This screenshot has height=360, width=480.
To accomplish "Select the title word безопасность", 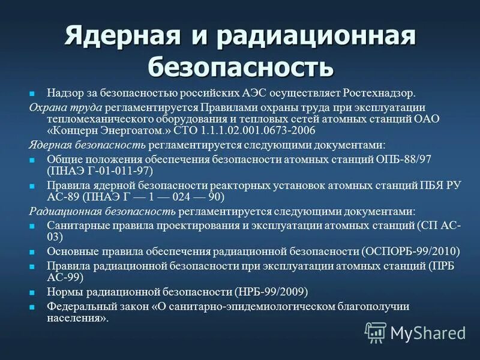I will pyautogui.click(x=240, y=67).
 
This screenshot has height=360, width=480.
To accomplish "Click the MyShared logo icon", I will pyautogui.click(x=376, y=332).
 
